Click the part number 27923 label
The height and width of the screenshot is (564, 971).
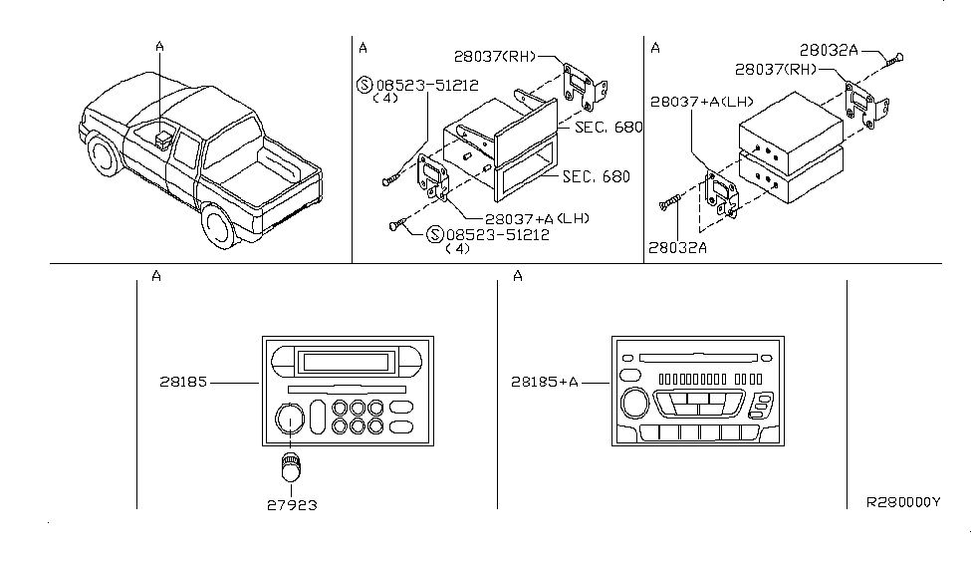(x=292, y=504)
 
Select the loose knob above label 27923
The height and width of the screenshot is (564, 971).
(x=291, y=466)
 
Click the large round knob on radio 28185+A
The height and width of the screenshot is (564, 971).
(x=632, y=404)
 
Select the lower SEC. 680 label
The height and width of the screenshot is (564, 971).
(x=597, y=176)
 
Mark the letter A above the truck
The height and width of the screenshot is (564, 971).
(x=159, y=45)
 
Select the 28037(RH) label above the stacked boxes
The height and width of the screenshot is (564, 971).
(x=776, y=70)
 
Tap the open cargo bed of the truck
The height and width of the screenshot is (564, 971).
(x=261, y=164)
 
